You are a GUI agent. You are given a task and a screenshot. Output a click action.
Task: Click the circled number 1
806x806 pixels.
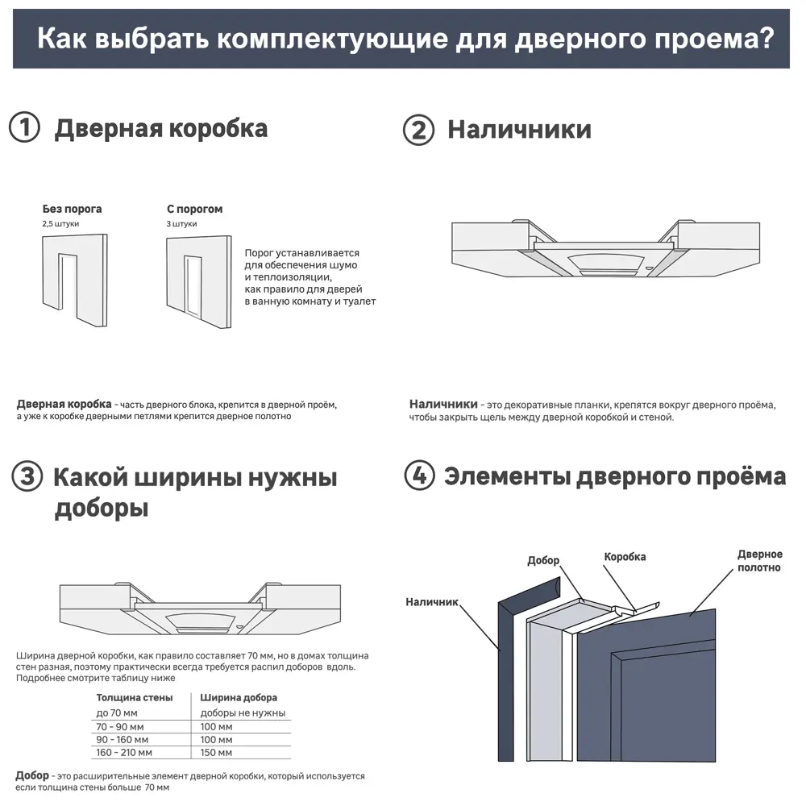[24, 129]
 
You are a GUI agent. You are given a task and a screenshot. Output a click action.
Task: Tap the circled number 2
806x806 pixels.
[418, 131]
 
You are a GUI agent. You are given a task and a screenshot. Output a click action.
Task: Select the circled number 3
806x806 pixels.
[27, 477]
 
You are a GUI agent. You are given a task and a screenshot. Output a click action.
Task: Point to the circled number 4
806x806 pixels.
[418, 476]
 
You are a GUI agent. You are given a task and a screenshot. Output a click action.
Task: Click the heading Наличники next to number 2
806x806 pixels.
[519, 130]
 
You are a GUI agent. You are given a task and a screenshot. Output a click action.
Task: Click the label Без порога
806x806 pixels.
[72, 209]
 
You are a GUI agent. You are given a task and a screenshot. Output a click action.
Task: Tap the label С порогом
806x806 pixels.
[195, 209]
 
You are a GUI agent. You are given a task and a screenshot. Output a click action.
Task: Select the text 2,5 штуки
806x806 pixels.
[60, 223]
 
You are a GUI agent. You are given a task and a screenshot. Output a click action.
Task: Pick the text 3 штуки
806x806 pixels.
[181, 223]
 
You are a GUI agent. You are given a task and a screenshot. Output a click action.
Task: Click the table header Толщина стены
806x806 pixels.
[134, 698]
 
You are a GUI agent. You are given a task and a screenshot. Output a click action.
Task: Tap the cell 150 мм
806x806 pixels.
[216, 752]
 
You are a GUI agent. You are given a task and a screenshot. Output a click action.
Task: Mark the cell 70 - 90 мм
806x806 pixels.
[123, 726]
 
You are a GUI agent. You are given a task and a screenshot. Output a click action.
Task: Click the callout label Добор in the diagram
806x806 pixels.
[543, 561]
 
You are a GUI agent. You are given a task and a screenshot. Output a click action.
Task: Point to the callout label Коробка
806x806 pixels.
[625, 557]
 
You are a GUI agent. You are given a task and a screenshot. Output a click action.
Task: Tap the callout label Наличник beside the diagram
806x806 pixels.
[432, 601]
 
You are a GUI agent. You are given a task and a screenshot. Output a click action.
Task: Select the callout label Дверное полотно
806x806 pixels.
[759, 561]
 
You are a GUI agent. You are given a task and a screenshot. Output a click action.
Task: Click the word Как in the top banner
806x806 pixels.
[61, 39]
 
